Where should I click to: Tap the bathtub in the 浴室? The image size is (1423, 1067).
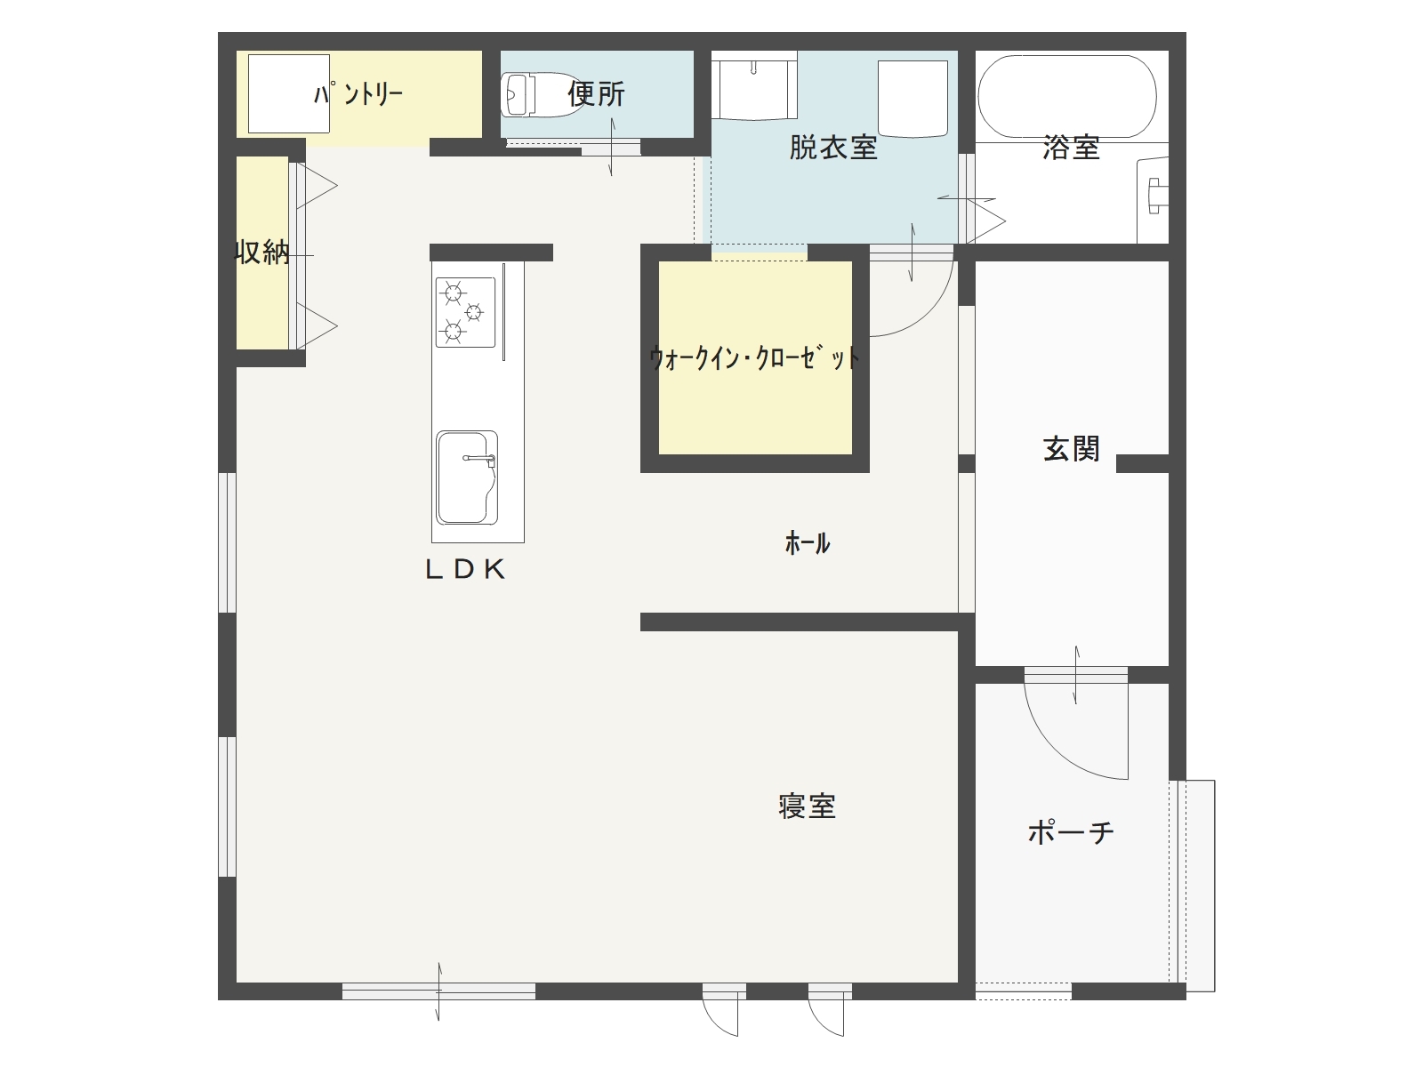[1066, 96]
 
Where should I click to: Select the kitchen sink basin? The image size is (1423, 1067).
[466, 477]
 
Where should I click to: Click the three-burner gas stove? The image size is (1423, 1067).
[465, 312]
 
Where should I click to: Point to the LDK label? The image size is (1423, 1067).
[465, 570]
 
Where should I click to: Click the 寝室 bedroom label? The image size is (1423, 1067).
[807, 806]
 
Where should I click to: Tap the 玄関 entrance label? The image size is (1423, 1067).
[1071, 449]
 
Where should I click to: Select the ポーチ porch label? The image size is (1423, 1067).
[1071, 833]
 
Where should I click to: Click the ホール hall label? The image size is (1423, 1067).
[808, 542]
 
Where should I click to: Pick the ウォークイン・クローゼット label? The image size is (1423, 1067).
[754, 358]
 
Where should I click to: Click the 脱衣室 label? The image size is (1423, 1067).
[833, 148]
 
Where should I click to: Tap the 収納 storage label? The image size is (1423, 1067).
[261, 253]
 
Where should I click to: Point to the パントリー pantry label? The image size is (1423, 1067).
[358, 93]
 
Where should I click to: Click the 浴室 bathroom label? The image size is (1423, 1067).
[1071, 148]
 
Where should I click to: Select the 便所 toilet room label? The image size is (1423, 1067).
[596, 93]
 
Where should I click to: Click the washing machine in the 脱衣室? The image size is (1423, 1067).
[912, 98]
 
